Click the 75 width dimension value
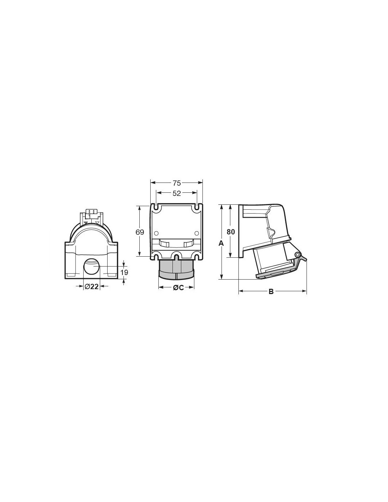pos(177,183)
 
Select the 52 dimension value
pos(177,193)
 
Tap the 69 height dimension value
pos(140,232)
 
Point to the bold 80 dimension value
pos(231,232)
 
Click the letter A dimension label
pos(221,243)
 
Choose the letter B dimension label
pos(271,292)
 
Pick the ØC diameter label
pos(178,288)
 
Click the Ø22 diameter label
pos(92,286)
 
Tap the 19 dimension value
pos(124,273)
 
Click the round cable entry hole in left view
pos(92,266)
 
